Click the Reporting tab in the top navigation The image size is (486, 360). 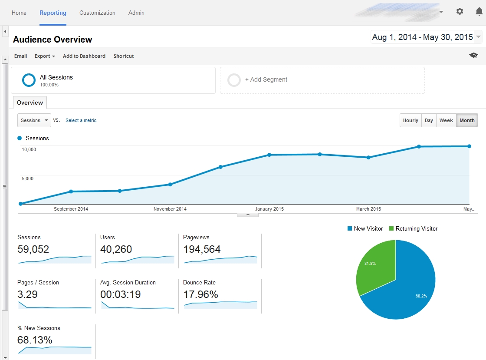(53, 13)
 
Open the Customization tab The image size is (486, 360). (97, 13)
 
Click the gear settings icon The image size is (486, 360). (460, 12)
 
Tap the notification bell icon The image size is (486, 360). (479, 12)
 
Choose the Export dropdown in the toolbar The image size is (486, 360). (45, 56)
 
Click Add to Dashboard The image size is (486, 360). (84, 56)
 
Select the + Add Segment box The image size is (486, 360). (322, 80)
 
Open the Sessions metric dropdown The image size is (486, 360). (34, 120)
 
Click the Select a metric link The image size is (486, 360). (81, 120)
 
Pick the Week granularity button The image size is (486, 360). (446, 120)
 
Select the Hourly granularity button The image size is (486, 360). (410, 120)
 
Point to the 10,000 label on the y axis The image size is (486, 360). (29, 149)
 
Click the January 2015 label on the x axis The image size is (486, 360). (269, 209)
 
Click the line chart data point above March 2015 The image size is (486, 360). (368, 157)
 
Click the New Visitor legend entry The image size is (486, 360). (365, 228)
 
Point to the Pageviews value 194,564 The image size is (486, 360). (202, 249)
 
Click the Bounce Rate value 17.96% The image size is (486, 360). (200, 294)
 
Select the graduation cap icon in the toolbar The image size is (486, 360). (473, 56)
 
